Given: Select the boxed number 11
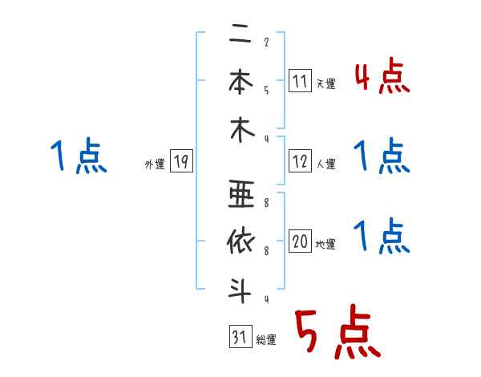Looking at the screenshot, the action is tap(300, 81).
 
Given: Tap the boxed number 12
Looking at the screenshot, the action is tap(300, 161).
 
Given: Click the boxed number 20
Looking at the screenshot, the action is tap(300, 242).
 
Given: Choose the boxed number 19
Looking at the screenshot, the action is tap(180, 161).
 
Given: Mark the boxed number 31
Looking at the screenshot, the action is tap(239, 338).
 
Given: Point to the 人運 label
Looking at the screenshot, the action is tap(326, 164).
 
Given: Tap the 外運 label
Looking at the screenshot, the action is tap(155, 164).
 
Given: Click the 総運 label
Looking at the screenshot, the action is tap(266, 340).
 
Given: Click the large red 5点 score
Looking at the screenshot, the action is tap(338, 332).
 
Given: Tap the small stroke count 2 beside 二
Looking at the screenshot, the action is tap(265, 43).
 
